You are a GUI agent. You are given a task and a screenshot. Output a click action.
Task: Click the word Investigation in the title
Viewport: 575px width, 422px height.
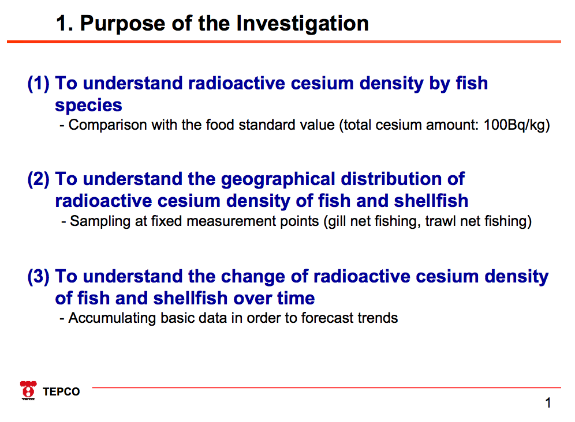pyautogui.click(x=303, y=24)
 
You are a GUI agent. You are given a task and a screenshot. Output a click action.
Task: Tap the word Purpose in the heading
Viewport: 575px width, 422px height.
pyautogui.click(x=123, y=24)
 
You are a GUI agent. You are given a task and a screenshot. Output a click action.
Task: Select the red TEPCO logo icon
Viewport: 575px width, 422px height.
pyautogui.click(x=28, y=390)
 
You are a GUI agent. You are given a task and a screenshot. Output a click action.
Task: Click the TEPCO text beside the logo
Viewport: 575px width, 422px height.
pyautogui.click(x=61, y=391)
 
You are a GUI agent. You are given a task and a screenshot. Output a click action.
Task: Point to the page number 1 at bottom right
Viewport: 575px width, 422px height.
pyautogui.click(x=548, y=403)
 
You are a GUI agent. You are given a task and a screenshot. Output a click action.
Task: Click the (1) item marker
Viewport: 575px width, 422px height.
pyautogui.click(x=38, y=84)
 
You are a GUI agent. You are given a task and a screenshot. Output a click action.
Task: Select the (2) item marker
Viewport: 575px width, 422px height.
pyautogui.click(x=38, y=179)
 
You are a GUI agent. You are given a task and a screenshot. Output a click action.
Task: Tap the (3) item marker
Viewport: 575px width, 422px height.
pyautogui.click(x=38, y=277)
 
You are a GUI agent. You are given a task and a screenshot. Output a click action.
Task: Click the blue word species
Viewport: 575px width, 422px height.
pyautogui.click(x=88, y=106)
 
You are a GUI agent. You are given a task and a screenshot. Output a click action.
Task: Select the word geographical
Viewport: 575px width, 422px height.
pyautogui.click(x=278, y=179)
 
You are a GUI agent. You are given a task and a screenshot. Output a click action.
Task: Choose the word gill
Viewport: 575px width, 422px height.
pyautogui.click(x=337, y=221)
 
